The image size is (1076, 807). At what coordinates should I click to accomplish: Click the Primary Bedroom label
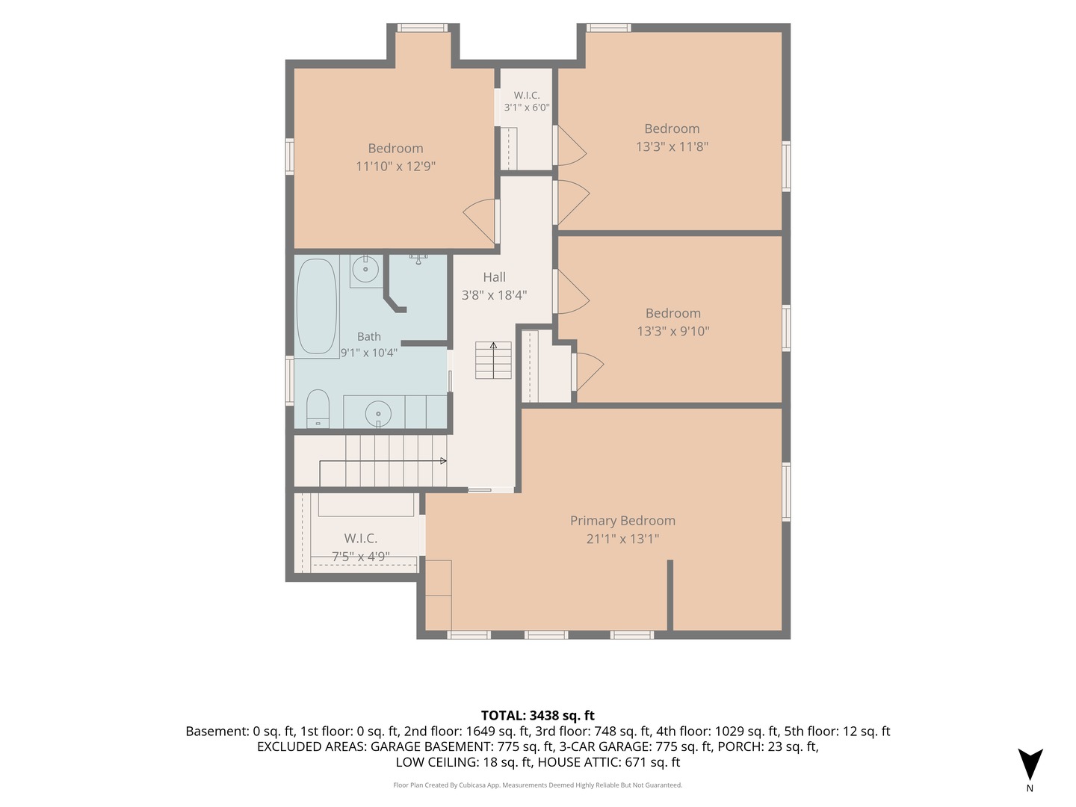(622, 520)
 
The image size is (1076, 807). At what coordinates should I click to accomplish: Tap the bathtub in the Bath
(317, 306)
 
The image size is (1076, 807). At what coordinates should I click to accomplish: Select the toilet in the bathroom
(317, 409)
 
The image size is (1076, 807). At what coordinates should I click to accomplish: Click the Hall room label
(494, 277)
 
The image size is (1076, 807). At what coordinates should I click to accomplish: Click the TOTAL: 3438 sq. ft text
(538, 715)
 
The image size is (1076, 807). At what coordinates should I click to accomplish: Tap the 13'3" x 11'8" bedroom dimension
(672, 146)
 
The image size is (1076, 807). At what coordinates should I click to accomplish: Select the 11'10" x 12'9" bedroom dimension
(395, 166)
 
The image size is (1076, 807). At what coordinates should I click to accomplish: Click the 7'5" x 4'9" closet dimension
(360, 557)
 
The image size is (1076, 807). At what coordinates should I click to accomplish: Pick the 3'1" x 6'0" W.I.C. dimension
(527, 108)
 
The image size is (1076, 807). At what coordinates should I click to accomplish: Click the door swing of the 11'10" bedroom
(479, 220)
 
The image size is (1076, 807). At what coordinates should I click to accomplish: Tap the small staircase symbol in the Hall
(493, 360)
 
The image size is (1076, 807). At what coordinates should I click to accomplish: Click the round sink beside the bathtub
(365, 268)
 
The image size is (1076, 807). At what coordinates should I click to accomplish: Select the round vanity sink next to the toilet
(378, 413)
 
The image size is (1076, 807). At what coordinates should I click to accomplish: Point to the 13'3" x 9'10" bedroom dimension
(672, 331)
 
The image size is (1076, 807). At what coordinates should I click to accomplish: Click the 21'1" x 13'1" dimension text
(622, 539)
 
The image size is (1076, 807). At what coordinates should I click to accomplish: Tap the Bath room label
(368, 336)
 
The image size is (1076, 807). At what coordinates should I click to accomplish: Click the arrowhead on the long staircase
(443, 460)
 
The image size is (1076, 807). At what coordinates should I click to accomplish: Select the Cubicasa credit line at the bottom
(537, 785)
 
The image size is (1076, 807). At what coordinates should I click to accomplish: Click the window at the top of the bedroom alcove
(422, 28)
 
